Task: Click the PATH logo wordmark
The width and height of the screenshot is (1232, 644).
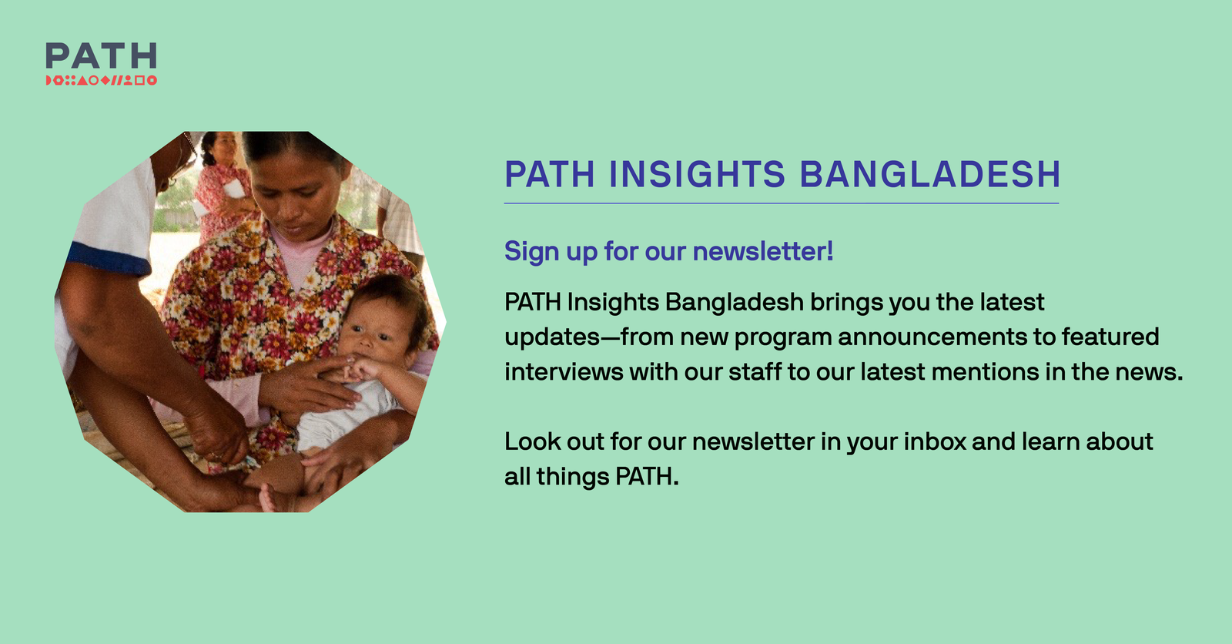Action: pos(101,56)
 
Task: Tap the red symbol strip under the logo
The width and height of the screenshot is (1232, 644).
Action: pos(101,80)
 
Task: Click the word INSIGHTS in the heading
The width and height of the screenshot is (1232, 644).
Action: pos(697,174)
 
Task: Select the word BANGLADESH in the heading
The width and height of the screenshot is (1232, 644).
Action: pos(930,174)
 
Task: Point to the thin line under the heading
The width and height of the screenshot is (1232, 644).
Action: pos(781,203)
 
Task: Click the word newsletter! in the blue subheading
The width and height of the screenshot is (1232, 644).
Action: pos(762,251)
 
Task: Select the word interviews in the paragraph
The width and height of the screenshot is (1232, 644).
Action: pos(564,371)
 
